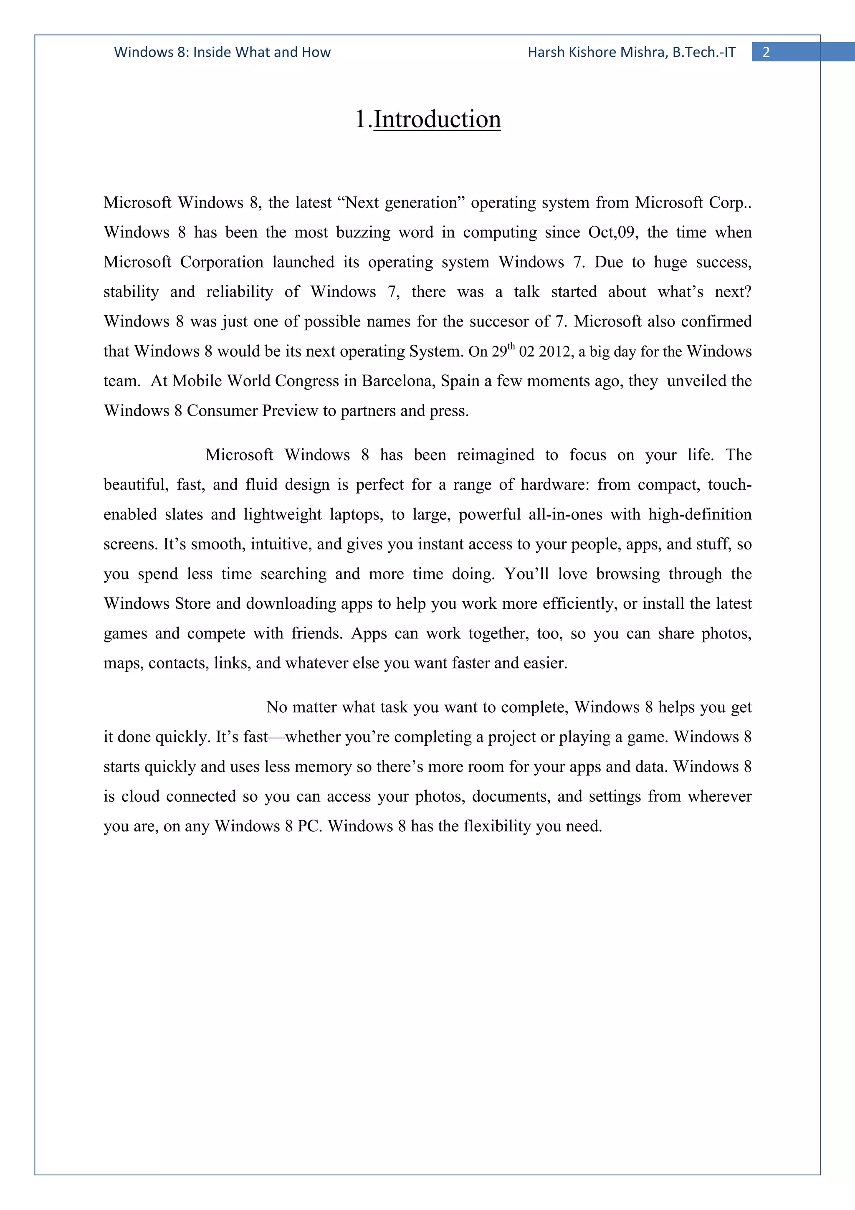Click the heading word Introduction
coord(437,120)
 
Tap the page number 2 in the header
coord(766,52)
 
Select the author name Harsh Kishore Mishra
coord(597,52)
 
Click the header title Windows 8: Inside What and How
coord(223,52)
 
